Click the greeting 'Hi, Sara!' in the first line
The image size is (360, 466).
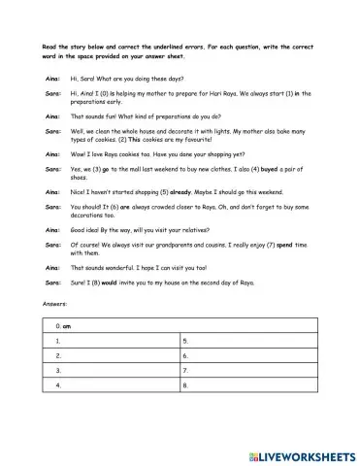point(85,76)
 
